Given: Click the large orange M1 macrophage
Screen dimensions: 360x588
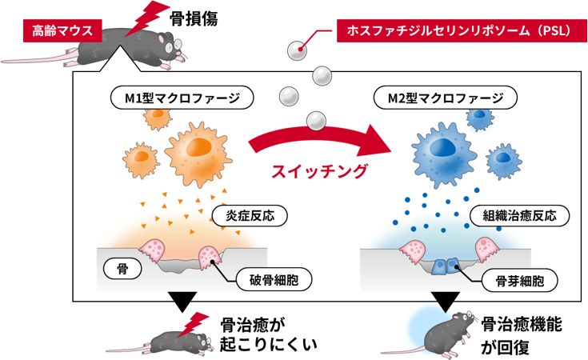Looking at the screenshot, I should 199,147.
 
